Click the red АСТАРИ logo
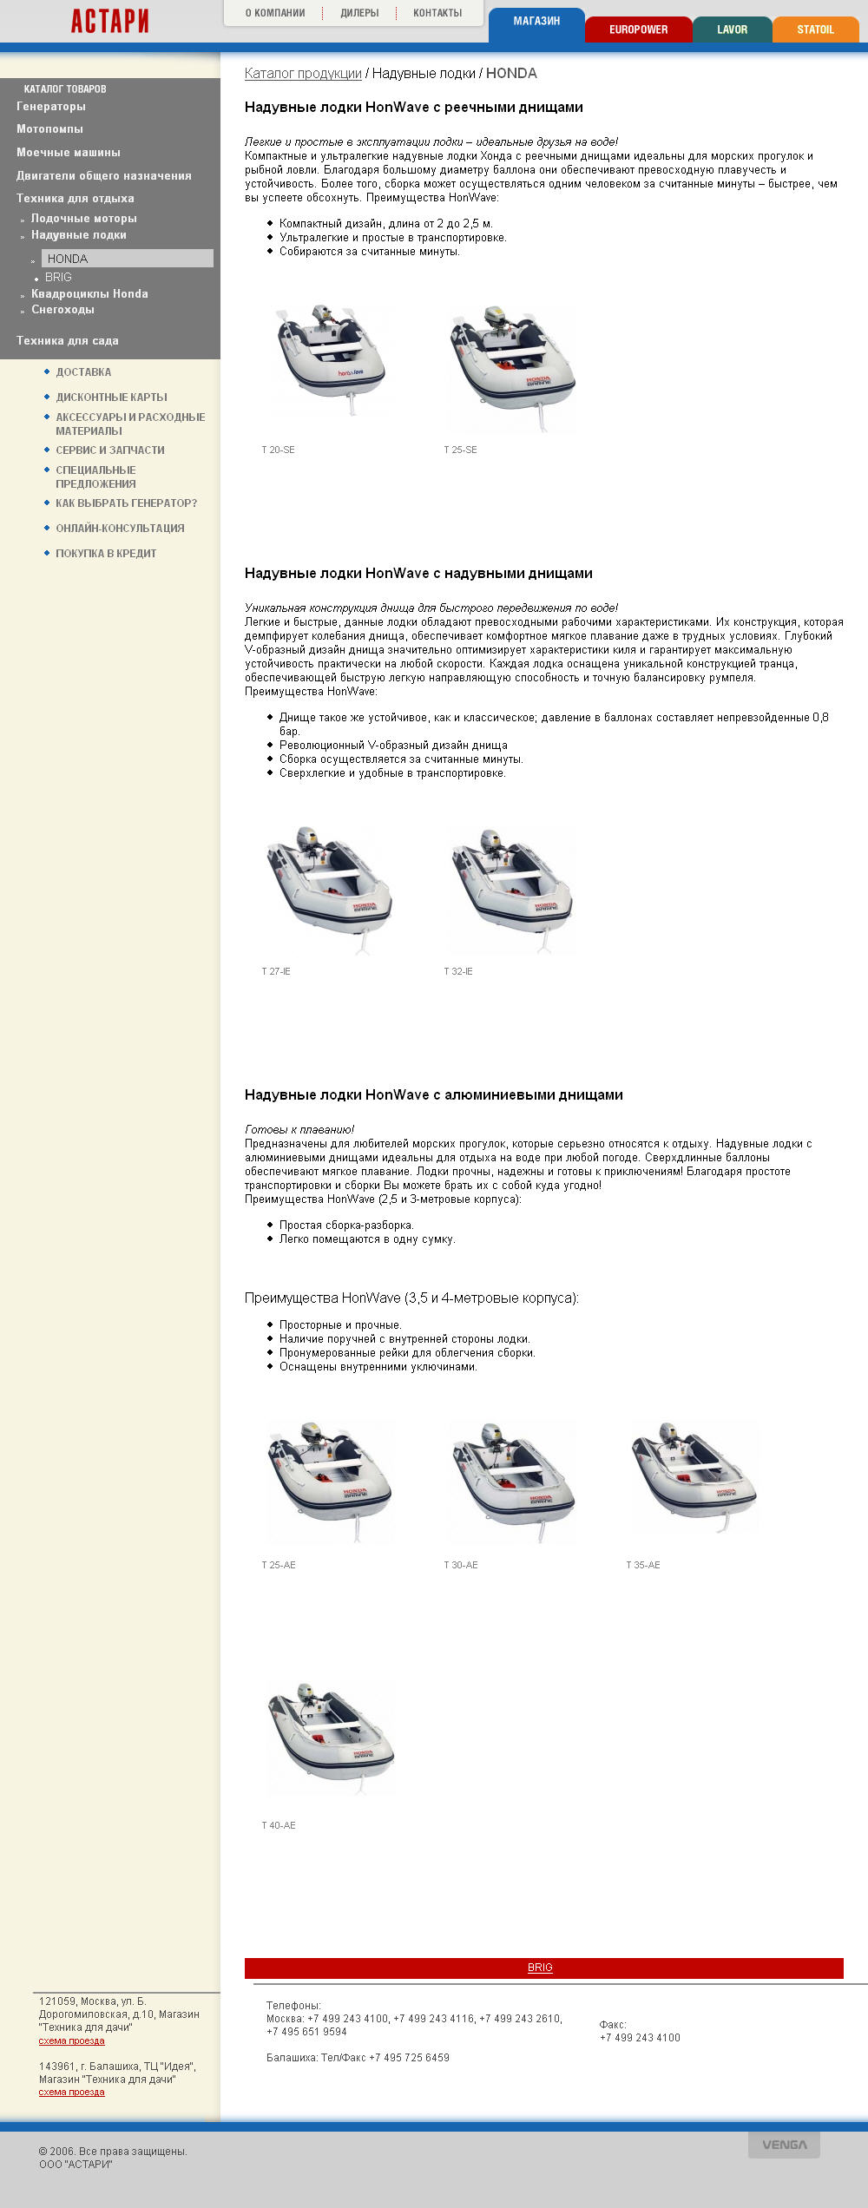point(109,21)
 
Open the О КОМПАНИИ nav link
point(274,13)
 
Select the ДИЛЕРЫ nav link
point(359,13)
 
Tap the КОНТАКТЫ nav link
point(437,13)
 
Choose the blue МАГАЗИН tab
point(536,22)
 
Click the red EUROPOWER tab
point(638,30)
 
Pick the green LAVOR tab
point(732,30)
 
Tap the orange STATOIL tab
point(815,30)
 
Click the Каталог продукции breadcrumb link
point(303,74)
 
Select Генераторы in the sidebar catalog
point(51,107)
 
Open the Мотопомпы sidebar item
point(49,129)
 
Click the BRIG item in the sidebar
point(58,278)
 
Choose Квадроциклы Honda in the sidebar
point(89,294)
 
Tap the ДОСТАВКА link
point(83,372)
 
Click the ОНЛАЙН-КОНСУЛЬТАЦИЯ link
point(120,529)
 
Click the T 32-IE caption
point(458,972)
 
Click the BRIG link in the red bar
point(540,1968)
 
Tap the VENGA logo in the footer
point(784,2145)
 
